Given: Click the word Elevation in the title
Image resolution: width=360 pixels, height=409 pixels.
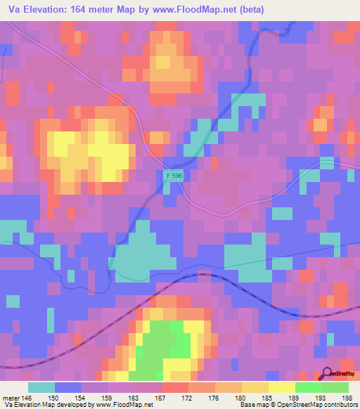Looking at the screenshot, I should coord(48,11).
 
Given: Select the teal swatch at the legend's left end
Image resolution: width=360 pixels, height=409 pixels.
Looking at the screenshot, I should coord(41,388).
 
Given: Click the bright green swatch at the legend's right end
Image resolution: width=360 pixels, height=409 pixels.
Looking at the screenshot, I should coord(335,388).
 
